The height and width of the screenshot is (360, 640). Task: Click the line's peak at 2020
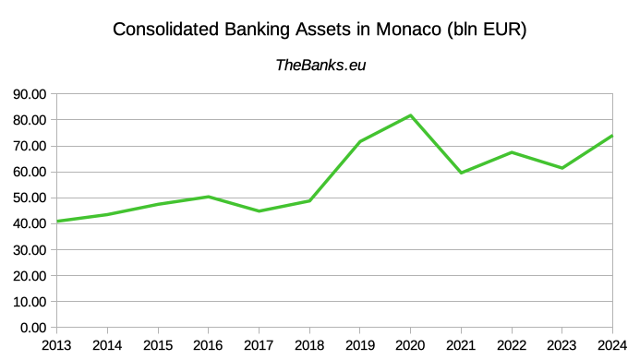410,115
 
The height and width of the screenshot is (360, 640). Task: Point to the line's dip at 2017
259,211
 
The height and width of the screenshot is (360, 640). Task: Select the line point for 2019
359,141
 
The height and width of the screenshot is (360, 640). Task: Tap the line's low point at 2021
461,173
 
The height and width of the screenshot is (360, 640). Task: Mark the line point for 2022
512,152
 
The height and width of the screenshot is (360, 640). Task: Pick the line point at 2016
209,197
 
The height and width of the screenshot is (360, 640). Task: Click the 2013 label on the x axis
57,345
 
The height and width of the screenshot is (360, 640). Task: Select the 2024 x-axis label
612,345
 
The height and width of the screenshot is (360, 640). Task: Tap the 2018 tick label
309,345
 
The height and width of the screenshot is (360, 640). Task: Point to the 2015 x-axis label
158,345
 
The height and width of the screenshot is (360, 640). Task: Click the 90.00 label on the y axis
28,94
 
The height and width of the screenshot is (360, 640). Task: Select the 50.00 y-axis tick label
28,198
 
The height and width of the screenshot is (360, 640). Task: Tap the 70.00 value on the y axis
28,146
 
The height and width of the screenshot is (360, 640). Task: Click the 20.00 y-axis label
28,275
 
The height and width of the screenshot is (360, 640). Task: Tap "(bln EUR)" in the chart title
485,30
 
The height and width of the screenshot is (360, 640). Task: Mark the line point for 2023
562,168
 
